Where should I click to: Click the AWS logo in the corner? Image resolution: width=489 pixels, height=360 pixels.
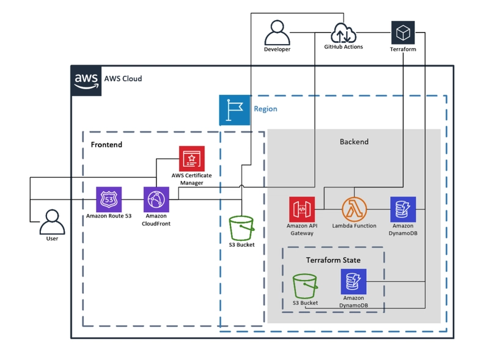tap(86, 80)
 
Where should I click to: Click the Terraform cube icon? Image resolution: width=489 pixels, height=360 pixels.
tap(403, 32)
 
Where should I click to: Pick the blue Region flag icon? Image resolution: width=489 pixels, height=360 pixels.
tap(235, 110)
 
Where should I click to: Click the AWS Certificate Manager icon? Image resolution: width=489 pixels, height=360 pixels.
tap(191, 158)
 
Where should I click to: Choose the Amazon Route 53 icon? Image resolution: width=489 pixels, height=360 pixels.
tap(109, 199)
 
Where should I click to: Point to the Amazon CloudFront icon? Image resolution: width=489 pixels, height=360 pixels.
tap(156, 199)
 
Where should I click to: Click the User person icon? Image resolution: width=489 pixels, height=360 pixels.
tap(52, 221)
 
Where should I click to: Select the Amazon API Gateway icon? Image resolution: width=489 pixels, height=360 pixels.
tap(301, 209)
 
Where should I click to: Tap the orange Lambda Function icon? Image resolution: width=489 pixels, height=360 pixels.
tap(354, 209)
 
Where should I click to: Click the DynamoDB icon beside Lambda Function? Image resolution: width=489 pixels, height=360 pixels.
tap(403, 209)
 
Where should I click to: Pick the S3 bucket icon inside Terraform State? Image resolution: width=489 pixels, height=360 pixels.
tap(304, 286)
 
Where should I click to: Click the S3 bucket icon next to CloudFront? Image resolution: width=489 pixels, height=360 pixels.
tap(241, 229)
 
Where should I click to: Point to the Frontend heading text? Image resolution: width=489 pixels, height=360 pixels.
tap(106, 145)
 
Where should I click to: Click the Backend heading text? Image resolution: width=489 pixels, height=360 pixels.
tap(354, 142)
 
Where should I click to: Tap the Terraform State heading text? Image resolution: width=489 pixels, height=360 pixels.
tap(333, 260)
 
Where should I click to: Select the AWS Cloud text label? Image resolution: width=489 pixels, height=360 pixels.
tap(123, 79)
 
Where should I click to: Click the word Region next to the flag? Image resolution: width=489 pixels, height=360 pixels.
tap(265, 109)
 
